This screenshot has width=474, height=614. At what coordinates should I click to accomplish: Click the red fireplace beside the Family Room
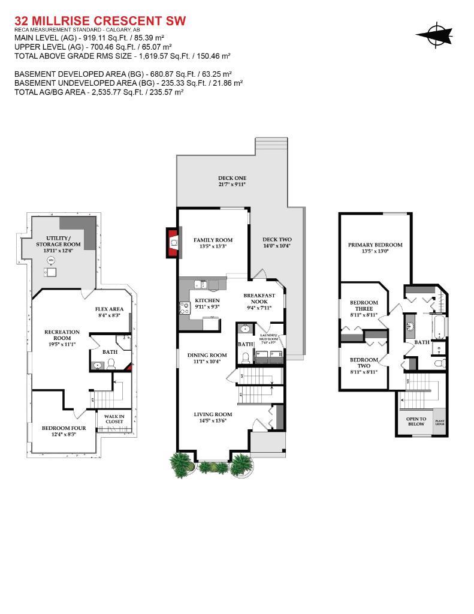(173, 242)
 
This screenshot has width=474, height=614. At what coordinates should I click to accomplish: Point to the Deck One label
(232, 178)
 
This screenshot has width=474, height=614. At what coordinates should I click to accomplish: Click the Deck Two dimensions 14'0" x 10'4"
(277, 246)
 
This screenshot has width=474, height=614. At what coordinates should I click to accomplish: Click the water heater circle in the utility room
(52, 260)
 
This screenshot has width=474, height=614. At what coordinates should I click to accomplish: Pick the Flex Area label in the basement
(110, 309)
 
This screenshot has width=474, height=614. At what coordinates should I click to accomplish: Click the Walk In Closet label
(114, 419)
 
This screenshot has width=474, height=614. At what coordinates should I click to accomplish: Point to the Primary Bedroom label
(375, 245)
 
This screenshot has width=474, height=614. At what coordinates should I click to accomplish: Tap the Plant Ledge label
(439, 423)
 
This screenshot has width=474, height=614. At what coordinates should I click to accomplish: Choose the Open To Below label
(415, 421)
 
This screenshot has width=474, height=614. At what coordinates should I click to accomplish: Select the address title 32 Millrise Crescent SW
(99, 21)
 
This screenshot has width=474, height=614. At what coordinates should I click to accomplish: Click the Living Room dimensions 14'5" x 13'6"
(213, 421)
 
